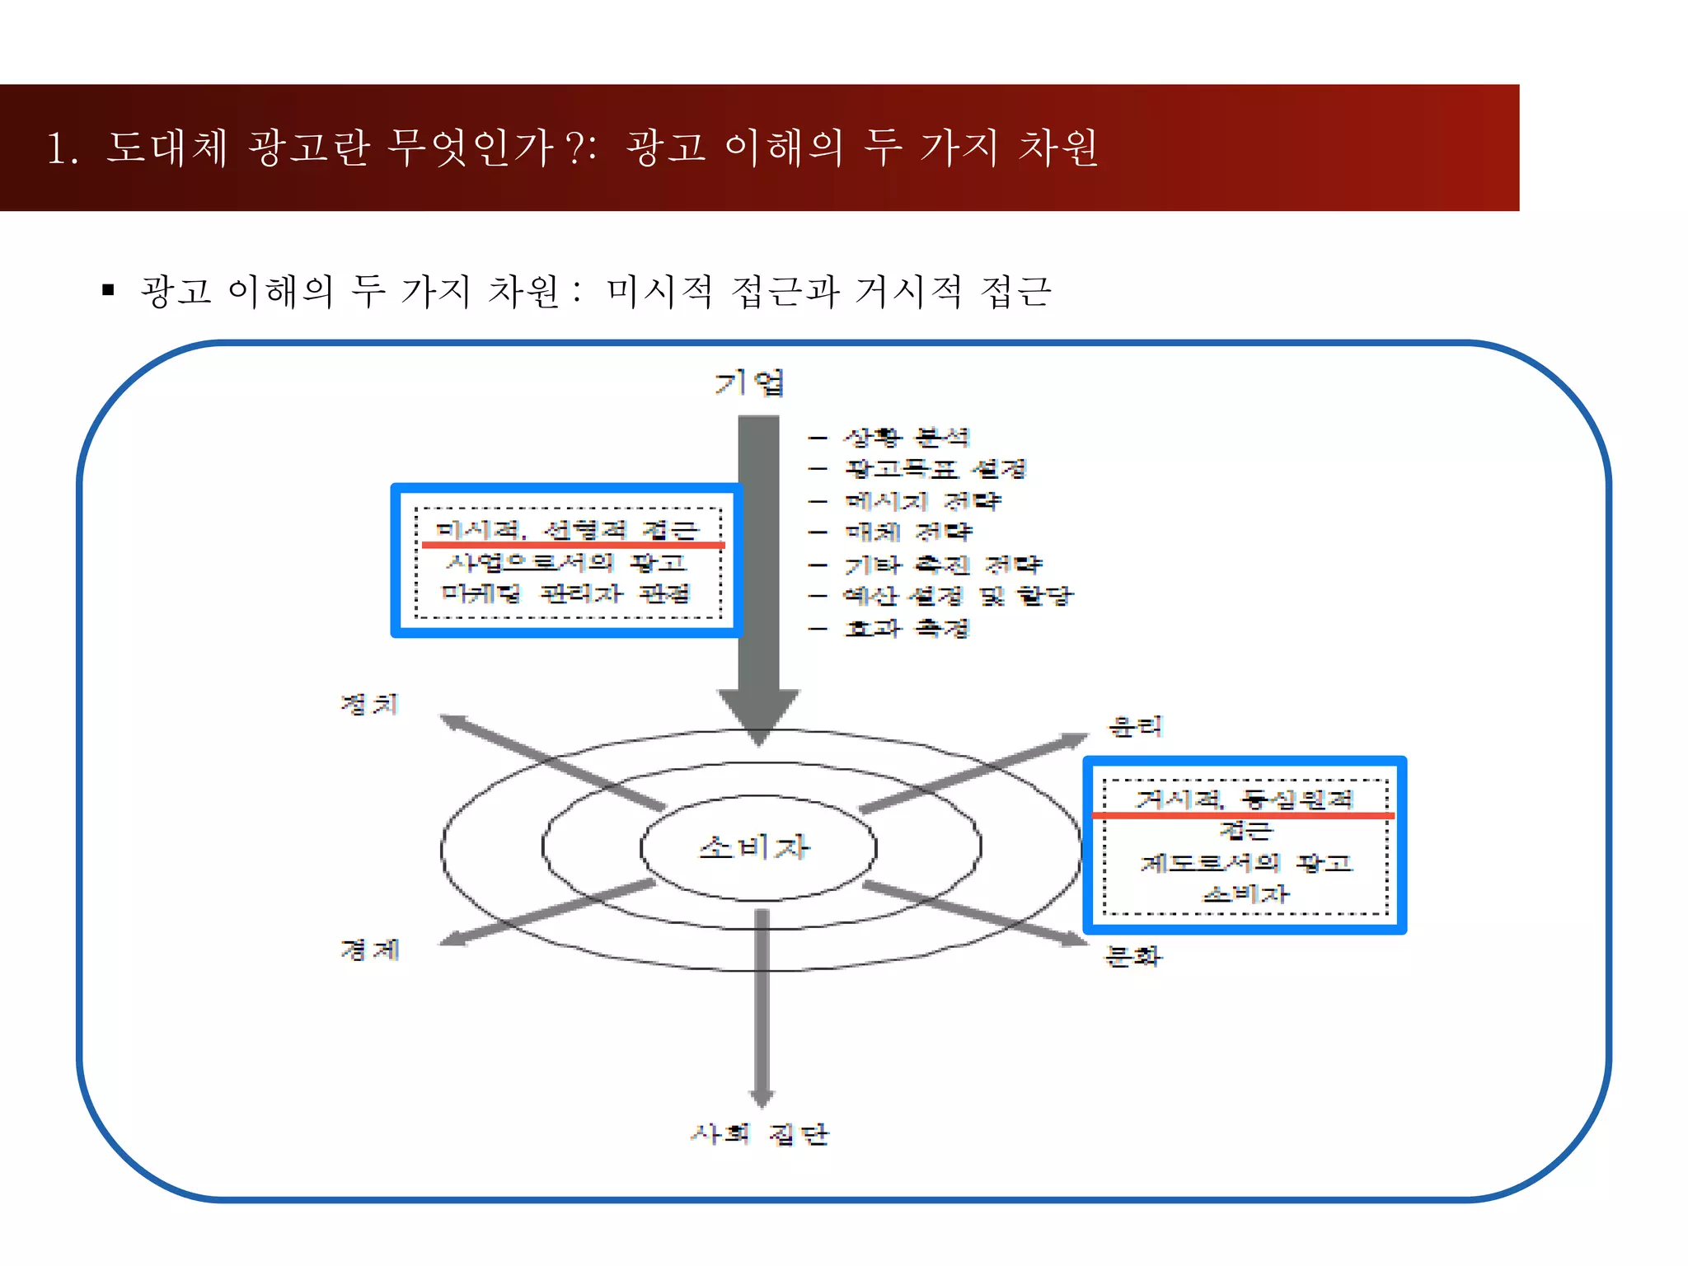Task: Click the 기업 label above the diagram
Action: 749,383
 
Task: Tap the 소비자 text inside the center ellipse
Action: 754,846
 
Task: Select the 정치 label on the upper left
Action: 369,704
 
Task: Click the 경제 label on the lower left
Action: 370,949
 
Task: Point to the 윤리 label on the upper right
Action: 1136,726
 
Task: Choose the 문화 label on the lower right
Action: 1133,956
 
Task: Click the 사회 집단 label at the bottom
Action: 759,1134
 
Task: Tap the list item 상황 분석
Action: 907,437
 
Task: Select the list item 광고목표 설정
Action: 936,469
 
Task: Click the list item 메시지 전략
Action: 923,500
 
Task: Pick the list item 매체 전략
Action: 909,532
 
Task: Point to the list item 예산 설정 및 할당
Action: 958,595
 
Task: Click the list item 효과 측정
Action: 907,628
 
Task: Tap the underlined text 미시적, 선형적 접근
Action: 567,529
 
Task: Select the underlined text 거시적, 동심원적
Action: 1245,799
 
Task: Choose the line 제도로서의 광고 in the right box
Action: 1246,863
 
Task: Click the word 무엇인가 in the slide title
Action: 469,148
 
